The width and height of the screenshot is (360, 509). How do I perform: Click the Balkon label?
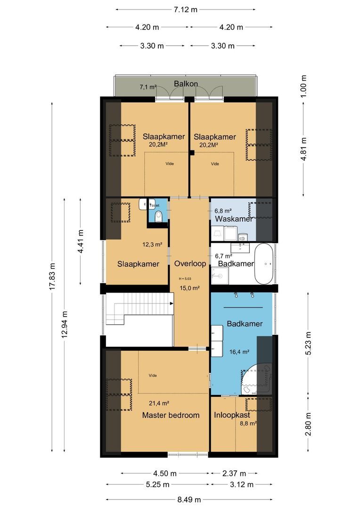[x=186, y=84]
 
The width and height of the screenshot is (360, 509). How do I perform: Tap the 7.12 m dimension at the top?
[x=185, y=9]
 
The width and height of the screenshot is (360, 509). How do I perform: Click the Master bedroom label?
[x=171, y=415]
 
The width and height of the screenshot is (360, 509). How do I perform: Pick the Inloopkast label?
[x=232, y=415]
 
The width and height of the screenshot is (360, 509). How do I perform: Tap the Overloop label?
[x=189, y=263]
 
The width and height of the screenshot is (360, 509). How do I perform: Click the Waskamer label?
[x=234, y=219]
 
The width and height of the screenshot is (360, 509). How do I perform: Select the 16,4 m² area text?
[x=239, y=351]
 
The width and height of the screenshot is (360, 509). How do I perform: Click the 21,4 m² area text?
[x=159, y=403]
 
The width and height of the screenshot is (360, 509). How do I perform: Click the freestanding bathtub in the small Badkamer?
[x=263, y=264]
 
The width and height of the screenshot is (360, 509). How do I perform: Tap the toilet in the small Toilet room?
[x=159, y=216]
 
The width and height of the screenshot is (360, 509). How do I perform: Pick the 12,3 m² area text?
[x=152, y=245]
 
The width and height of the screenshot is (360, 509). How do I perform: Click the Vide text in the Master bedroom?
[x=152, y=375]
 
